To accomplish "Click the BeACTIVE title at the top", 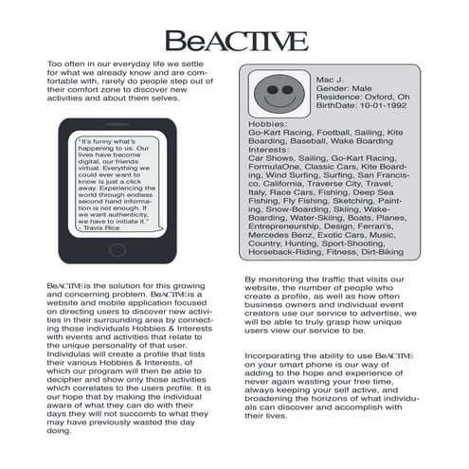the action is click(235, 41).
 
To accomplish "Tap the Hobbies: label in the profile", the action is click(265, 123).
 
